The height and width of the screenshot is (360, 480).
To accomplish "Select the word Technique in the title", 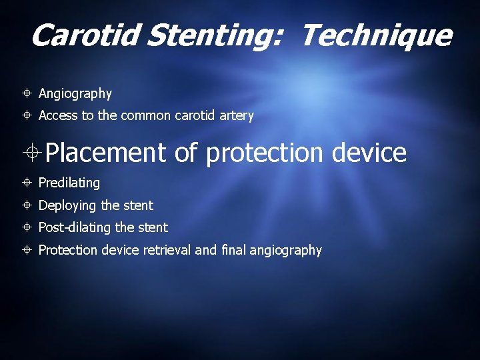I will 376,35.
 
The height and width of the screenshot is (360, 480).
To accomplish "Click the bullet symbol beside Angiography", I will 27,93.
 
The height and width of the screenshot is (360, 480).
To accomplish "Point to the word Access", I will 58,116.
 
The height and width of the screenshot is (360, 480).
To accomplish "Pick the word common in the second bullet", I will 145,116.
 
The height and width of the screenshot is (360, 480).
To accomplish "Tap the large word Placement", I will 106,153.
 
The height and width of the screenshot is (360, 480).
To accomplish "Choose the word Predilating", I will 69,183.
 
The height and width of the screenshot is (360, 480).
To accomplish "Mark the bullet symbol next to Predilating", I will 27,183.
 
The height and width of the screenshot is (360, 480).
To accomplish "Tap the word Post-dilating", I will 75,227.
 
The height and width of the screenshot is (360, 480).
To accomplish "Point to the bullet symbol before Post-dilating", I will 27,227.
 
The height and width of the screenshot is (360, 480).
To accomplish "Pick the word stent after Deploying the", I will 138,205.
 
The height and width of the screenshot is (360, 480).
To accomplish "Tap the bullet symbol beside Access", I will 27,116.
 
